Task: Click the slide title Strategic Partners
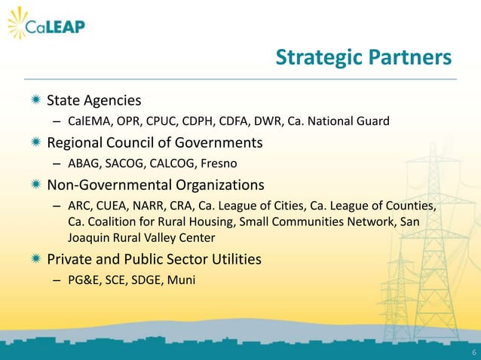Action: pyautogui.click(x=363, y=58)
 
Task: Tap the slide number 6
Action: pyautogui.click(x=473, y=352)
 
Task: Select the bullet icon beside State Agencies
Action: pyautogui.click(x=35, y=100)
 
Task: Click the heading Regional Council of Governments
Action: pyautogui.click(x=155, y=142)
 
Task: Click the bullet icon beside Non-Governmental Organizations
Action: pyautogui.click(x=35, y=185)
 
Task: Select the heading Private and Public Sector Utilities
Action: pyautogui.click(x=155, y=260)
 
